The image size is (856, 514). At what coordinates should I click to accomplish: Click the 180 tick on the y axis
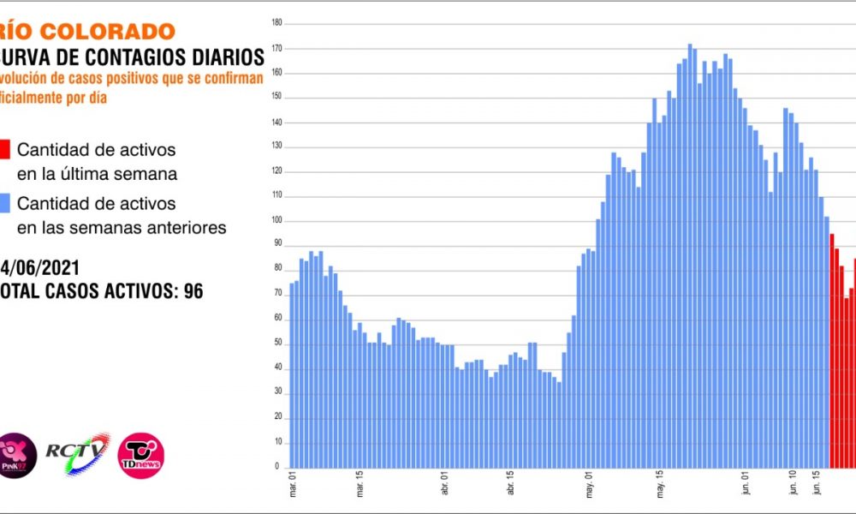pyautogui.click(x=276, y=23)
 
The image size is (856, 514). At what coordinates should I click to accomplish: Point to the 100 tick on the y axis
pyautogui.click(x=276, y=221)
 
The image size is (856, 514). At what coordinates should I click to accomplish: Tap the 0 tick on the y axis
pyautogui.click(x=278, y=468)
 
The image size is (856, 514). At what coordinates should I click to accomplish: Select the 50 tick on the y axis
pyautogui.click(x=276, y=344)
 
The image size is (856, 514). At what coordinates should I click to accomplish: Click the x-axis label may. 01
pyautogui.click(x=591, y=487)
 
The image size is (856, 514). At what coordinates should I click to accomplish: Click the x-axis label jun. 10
pyautogui.click(x=788, y=487)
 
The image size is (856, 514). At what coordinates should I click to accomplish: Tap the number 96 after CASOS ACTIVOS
pyautogui.click(x=193, y=290)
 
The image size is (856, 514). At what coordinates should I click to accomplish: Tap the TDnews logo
pyautogui.click(x=140, y=455)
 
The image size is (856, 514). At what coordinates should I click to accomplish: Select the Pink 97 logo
pyautogui.click(x=17, y=455)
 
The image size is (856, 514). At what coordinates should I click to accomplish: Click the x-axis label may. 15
pyautogui.click(x=661, y=487)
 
